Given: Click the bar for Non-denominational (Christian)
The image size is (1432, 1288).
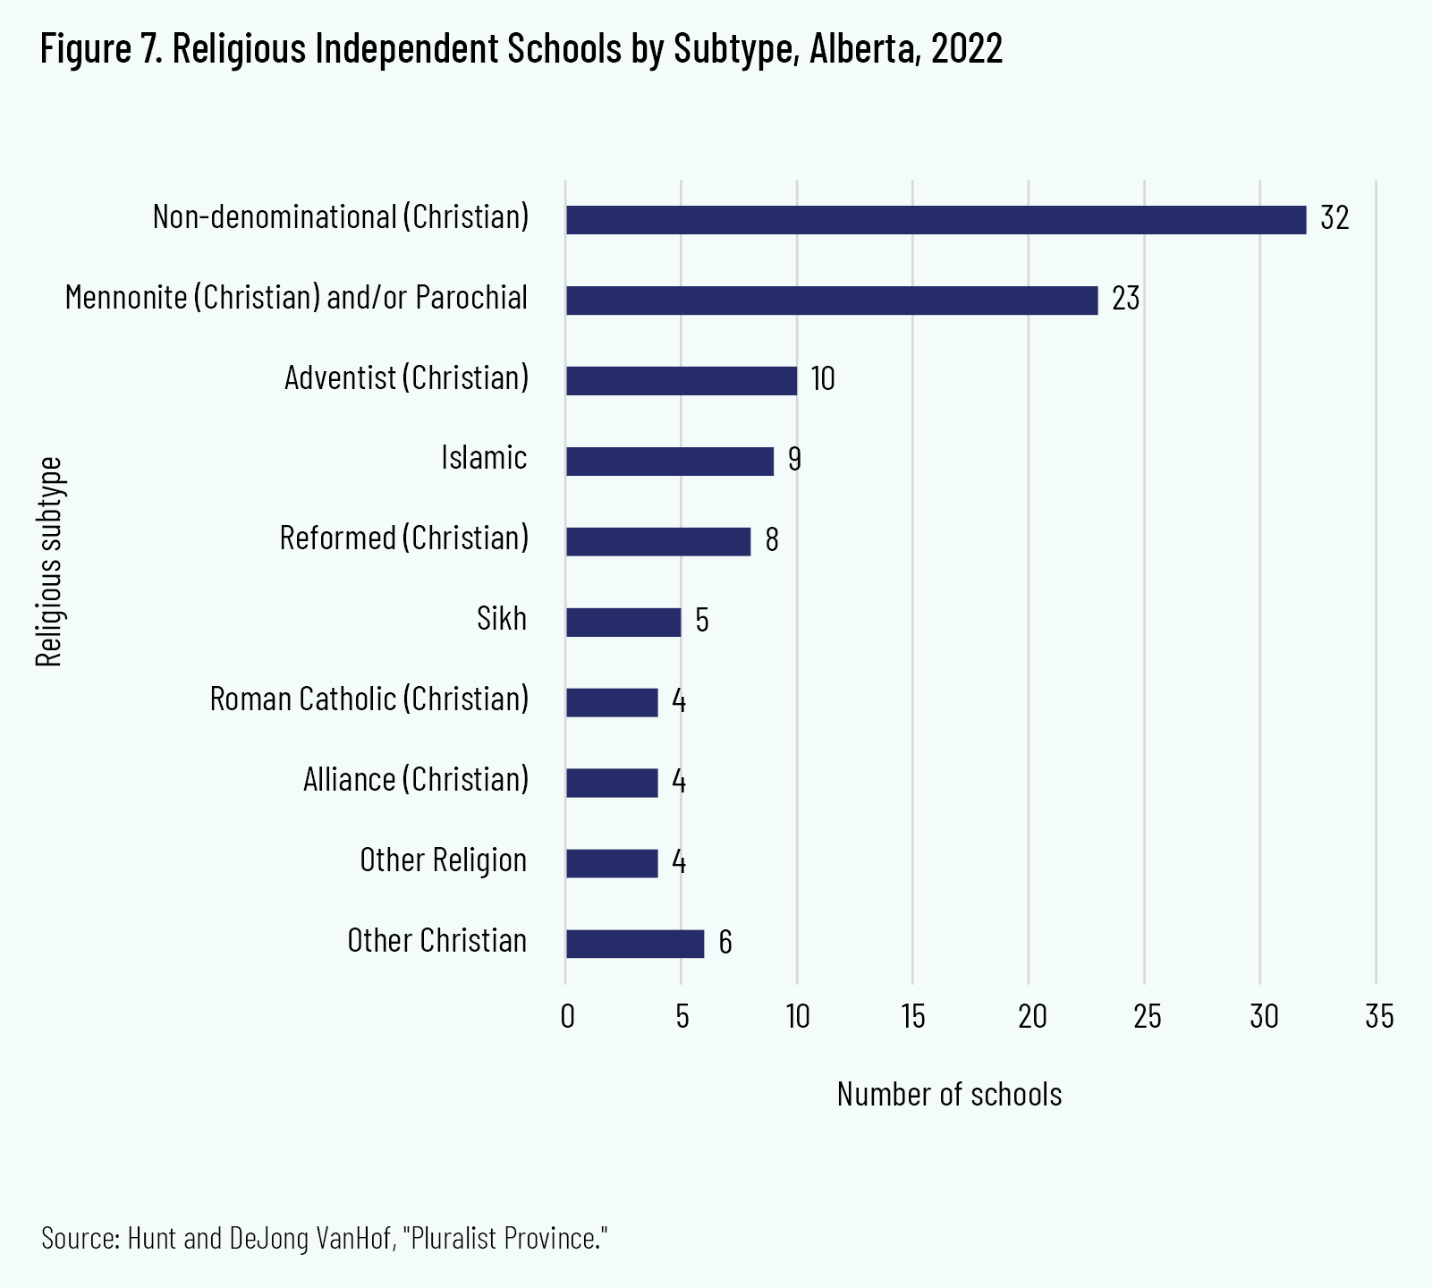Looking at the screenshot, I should pyautogui.click(x=936, y=220).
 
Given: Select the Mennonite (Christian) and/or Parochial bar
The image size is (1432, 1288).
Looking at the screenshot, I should pyautogui.click(x=832, y=301).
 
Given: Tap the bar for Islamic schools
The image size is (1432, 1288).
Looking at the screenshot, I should pyautogui.click(x=669, y=462).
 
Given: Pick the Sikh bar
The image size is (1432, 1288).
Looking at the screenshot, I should pyautogui.click(x=623, y=623).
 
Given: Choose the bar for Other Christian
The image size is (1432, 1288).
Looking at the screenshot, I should pyautogui.click(x=635, y=945).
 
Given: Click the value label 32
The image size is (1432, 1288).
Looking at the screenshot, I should pyautogui.click(x=1335, y=219).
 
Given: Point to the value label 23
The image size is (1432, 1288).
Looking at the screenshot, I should pyautogui.click(x=1125, y=300).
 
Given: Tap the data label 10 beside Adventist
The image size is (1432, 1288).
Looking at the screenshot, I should pyautogui.click(x=823, y=380).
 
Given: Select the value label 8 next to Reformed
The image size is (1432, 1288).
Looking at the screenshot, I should pyautogui.click(x=772, y=541).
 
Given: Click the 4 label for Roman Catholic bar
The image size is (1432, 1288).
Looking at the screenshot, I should pyautogui.click(x=679, y=702).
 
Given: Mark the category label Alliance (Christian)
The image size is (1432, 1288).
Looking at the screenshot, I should pyautogui.click(x=416, y=780).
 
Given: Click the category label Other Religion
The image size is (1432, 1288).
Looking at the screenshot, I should pyautogui.click(x=443, y=860).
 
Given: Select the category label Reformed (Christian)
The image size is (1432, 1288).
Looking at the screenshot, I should pyautogui.click(x=404, y=538).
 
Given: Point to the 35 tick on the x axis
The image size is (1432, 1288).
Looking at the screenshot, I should pyautogui.click(x=1378, y=1017).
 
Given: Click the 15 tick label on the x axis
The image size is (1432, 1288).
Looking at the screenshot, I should pyautogui.click(x=913, y=1017).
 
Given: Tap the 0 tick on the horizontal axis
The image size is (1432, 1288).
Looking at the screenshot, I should pyautogui.click(x=566, y=1017).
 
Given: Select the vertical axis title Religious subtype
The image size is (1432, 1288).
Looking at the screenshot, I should pyautogui.click(x=49, y=562).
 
